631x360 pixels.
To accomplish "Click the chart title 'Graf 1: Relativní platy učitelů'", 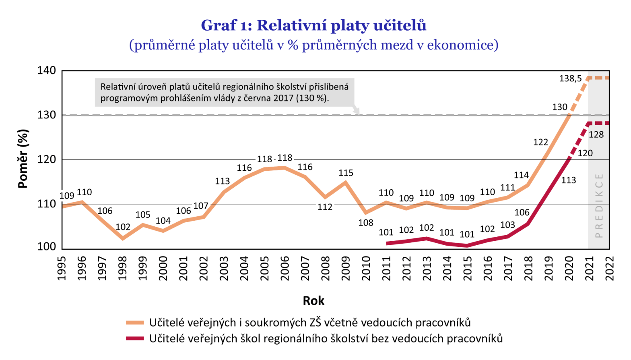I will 313,25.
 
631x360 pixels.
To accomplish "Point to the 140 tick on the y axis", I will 47,70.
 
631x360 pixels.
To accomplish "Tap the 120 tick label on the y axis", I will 47,159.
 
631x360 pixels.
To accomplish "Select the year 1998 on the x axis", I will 122,268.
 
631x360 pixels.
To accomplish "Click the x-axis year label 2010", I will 366,268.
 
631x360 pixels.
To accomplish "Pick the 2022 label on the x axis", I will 610,268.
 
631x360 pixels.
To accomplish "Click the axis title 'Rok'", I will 313,301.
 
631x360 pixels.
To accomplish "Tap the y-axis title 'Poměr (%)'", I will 23,159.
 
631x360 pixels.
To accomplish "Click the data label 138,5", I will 570,79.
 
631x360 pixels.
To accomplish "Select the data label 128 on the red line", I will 596,134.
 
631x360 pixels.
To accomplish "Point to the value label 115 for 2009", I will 346,173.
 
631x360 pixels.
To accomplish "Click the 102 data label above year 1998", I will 123,227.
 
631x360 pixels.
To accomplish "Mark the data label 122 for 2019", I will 540,142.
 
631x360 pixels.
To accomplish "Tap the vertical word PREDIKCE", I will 599,205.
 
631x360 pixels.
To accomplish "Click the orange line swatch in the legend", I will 135,323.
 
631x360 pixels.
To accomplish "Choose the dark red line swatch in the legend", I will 135,338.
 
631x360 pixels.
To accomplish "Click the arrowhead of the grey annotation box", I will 356,111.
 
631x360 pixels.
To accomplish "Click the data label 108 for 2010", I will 366,223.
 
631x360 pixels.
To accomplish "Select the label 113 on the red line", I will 569,180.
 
